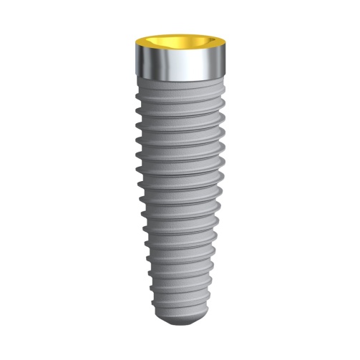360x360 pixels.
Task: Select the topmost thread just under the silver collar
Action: (x=179, y=91)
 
